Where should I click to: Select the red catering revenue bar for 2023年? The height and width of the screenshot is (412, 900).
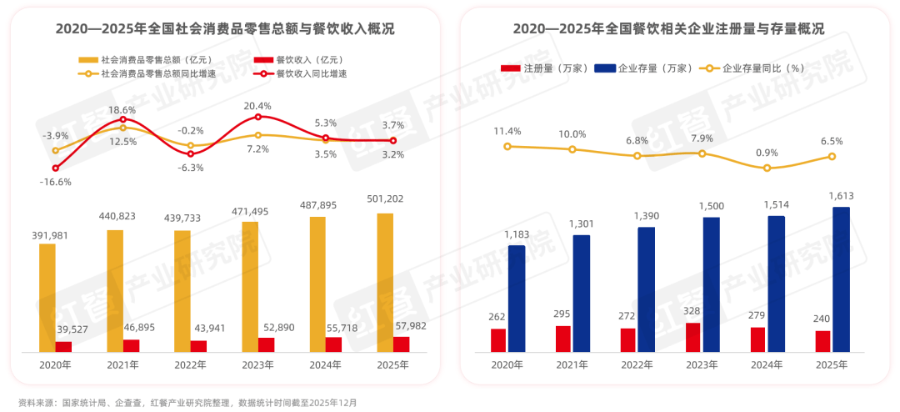click(266, 344)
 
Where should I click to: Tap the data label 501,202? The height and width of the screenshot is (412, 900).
click(384, 199)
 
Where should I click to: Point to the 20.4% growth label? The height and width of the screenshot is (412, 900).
click(258, 106)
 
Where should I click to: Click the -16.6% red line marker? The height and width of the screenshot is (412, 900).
click(55, 168)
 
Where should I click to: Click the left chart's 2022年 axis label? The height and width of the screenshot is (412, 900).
click(190, 364)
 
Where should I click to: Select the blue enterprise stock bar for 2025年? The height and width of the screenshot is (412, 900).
click(842, 279)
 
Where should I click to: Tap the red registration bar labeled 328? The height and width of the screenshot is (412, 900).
click(692, 337)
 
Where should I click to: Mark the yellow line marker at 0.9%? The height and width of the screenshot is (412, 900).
click(767, 168)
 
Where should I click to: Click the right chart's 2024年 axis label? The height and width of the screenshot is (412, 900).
click(766, 364)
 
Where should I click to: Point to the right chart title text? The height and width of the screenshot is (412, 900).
click(668, 29)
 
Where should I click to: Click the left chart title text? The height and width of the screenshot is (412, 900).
click(225, 29)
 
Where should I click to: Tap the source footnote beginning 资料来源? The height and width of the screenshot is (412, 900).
click(187, 402)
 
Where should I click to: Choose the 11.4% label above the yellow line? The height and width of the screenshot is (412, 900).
click(507, 131)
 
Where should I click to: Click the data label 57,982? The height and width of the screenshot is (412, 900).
click(409, 325)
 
